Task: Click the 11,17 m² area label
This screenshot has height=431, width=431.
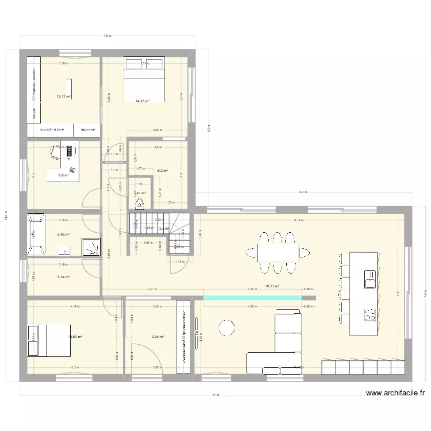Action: tap(63, 97)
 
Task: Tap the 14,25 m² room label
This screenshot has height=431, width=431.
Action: tap(142, 101)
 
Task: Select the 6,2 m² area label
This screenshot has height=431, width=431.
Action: tap(163, 171)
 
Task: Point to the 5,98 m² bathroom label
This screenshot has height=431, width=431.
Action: tap(63, 234)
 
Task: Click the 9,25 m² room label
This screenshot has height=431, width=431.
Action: tap(157, 337)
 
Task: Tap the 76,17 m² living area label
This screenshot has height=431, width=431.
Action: tap(272, 286)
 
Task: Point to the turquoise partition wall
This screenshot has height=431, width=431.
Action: tap(253, 297)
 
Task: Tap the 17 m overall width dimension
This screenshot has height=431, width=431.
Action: tap(215, 395)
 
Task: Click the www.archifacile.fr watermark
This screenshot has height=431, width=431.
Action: tap(397, 394)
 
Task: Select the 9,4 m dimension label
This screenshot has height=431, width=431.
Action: tap(303, 193)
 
